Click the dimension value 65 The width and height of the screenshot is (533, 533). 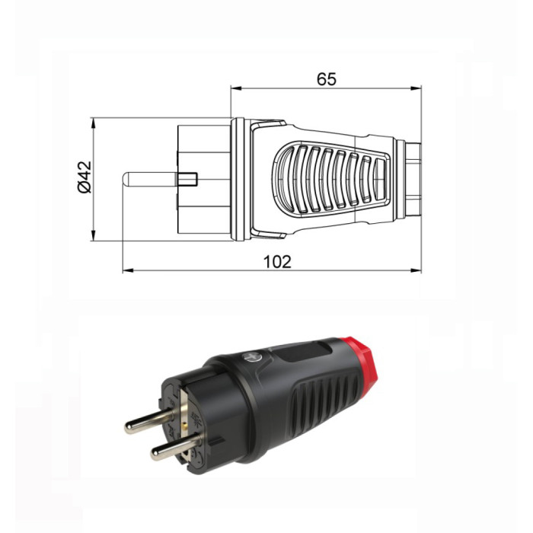point(327,78)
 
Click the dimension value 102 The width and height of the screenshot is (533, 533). point(277,261)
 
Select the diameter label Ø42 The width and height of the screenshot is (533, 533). point(84,177)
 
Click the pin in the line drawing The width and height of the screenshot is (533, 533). point(152,180)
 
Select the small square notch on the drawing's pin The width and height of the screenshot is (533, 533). point(188,180)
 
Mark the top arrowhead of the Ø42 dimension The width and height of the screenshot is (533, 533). point(93,121)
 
